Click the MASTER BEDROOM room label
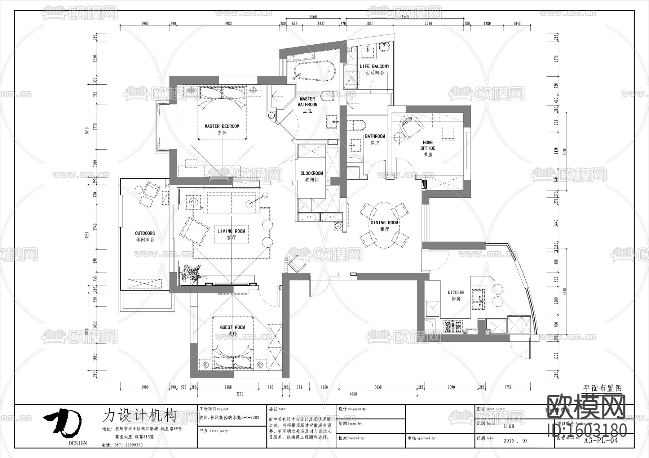click(222, 129)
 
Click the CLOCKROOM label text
click(312, 176)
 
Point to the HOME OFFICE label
click(428, 148)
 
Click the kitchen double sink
click(479, 299)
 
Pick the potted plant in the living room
click(191, 274)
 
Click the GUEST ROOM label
click(233, 330)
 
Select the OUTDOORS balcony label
click(145, 236)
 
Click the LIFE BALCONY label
click(374, 69)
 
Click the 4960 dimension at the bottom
click(353, 394)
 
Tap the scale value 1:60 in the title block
click(509, 426)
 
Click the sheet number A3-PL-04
click(600, 440)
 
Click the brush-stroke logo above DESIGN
click(63, 422)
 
